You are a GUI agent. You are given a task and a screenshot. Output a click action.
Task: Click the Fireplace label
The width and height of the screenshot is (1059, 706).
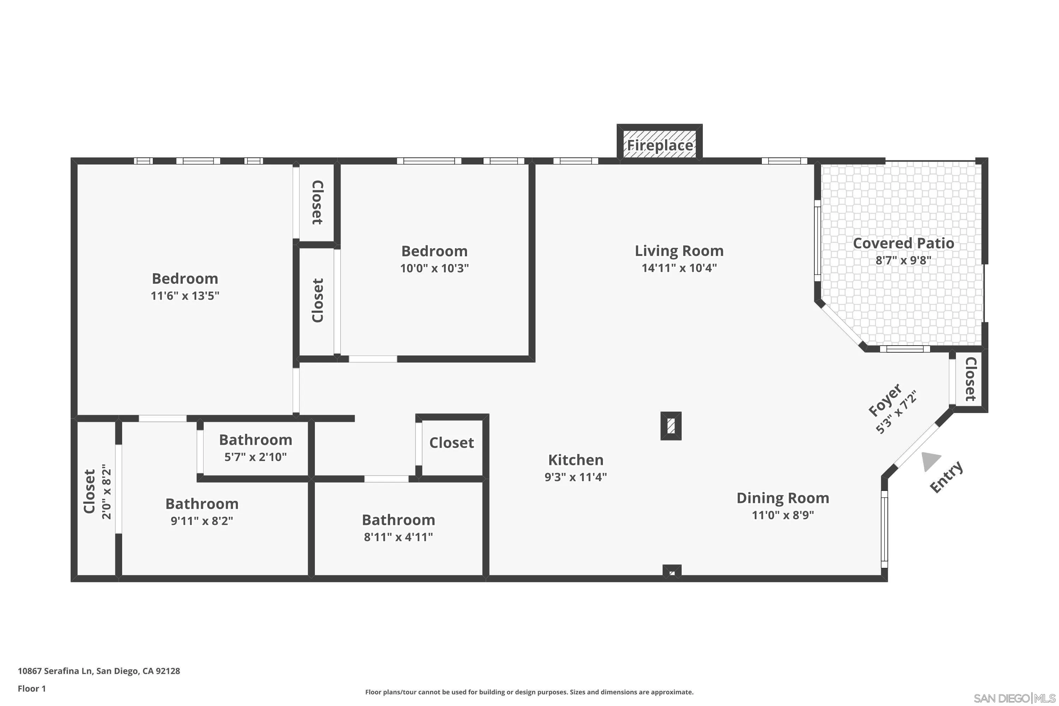660,145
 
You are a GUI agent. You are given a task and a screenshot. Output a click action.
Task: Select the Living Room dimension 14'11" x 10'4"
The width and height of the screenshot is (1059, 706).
679,268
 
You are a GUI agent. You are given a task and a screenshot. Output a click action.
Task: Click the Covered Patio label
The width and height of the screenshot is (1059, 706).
903,243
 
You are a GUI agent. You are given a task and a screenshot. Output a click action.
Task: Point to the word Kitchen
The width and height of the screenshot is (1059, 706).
575,460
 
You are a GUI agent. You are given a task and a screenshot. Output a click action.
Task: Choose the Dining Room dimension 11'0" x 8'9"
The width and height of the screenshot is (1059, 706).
783,515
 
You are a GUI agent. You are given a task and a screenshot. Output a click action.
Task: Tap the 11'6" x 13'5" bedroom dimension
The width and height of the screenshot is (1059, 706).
185,296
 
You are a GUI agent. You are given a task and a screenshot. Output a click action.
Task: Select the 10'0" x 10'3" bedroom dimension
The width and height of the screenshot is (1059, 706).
434,268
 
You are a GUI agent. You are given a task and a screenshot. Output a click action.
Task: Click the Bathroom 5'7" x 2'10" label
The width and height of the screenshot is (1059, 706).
255,440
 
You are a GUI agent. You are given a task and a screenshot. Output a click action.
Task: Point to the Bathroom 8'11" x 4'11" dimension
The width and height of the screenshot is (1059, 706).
398,537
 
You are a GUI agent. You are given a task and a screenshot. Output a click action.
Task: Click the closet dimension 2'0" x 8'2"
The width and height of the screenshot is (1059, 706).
107,492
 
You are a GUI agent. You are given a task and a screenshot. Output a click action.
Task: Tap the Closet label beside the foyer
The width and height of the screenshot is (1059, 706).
970,379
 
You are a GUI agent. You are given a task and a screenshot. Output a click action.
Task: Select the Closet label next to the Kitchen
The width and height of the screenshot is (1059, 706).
451,443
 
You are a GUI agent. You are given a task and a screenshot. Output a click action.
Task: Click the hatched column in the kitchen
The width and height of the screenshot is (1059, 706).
670,425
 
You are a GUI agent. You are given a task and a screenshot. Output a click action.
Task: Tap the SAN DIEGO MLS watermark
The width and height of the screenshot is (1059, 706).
1015,698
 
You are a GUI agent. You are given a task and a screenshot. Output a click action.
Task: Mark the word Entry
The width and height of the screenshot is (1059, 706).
946,477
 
